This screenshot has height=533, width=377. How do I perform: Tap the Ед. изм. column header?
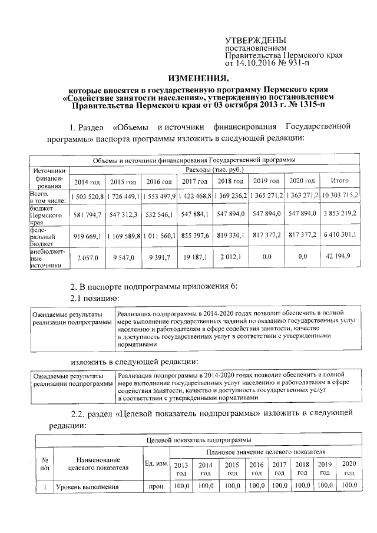pyautogui.click(x=157, y=465)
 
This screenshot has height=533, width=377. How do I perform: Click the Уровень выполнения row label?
pyautogui.click(x=83, y=486)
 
